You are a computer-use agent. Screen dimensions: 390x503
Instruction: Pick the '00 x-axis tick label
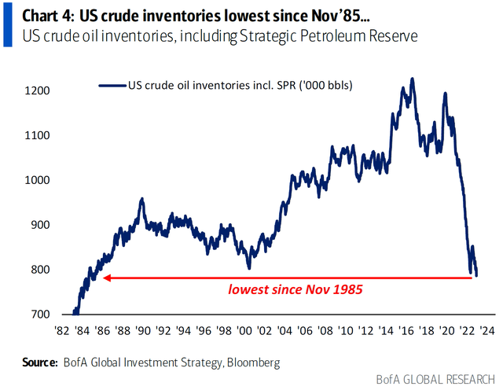[x=243, y=331]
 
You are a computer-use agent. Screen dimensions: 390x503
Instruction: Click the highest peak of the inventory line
[x=413, y=79]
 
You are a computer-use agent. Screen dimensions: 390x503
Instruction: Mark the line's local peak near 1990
[x=141, y=199]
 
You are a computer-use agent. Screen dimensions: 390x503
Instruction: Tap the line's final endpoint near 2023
[x=476, y=275]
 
